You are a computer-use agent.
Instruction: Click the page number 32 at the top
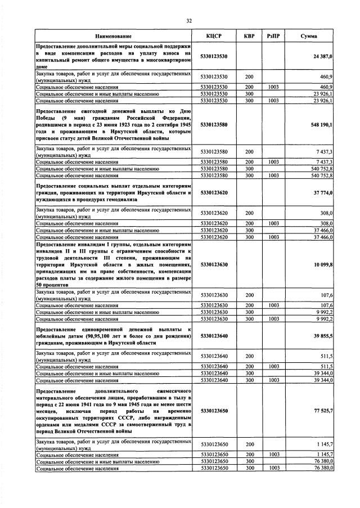click(x=189, y=21)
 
